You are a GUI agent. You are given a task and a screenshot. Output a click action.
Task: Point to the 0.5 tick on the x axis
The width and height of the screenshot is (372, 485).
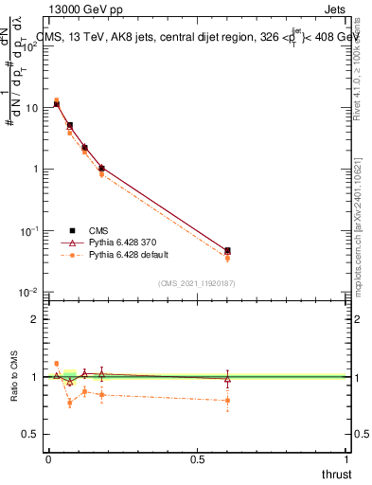coord(198,459)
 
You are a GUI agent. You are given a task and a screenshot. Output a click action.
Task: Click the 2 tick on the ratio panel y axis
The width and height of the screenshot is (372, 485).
coord(35,319)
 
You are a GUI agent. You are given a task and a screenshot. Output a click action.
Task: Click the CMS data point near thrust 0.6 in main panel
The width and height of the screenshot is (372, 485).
coord(227,251)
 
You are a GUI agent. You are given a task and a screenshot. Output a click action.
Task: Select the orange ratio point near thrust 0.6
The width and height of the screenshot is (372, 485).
coord(227,401)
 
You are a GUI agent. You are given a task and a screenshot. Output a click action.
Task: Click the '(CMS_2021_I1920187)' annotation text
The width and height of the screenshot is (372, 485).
coord(196,282)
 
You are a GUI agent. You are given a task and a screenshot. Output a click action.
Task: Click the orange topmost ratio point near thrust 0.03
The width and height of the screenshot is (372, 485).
coord(56,363)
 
